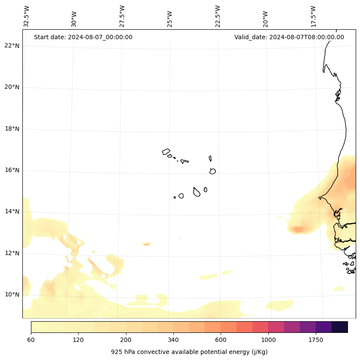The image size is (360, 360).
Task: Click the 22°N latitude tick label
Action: coord(12,46)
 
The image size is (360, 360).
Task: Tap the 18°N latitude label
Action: coord(12,129)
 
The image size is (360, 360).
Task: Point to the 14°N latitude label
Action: coord(12,211)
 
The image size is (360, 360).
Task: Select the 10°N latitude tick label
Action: coord(12,295)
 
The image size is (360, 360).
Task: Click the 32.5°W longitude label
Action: coord(27,16)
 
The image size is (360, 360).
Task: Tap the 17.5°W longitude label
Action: coord(314,16)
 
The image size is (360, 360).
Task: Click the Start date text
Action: coord(83,37)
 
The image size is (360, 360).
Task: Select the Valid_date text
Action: coord(289,37)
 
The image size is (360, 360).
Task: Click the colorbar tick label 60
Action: coord(31,340)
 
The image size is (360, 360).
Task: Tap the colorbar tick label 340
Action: coord(173,340)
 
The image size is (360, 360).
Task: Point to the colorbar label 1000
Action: coord(268,340)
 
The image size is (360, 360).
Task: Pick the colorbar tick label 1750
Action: coord(316,340)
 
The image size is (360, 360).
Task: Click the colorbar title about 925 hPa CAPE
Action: coord(189,352)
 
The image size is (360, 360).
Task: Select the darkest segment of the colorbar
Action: coord(339,327)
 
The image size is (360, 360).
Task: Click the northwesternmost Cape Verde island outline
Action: coord(166,152)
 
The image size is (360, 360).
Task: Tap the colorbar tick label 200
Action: coord(126,340)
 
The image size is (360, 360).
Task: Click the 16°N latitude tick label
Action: coord(12,170)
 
